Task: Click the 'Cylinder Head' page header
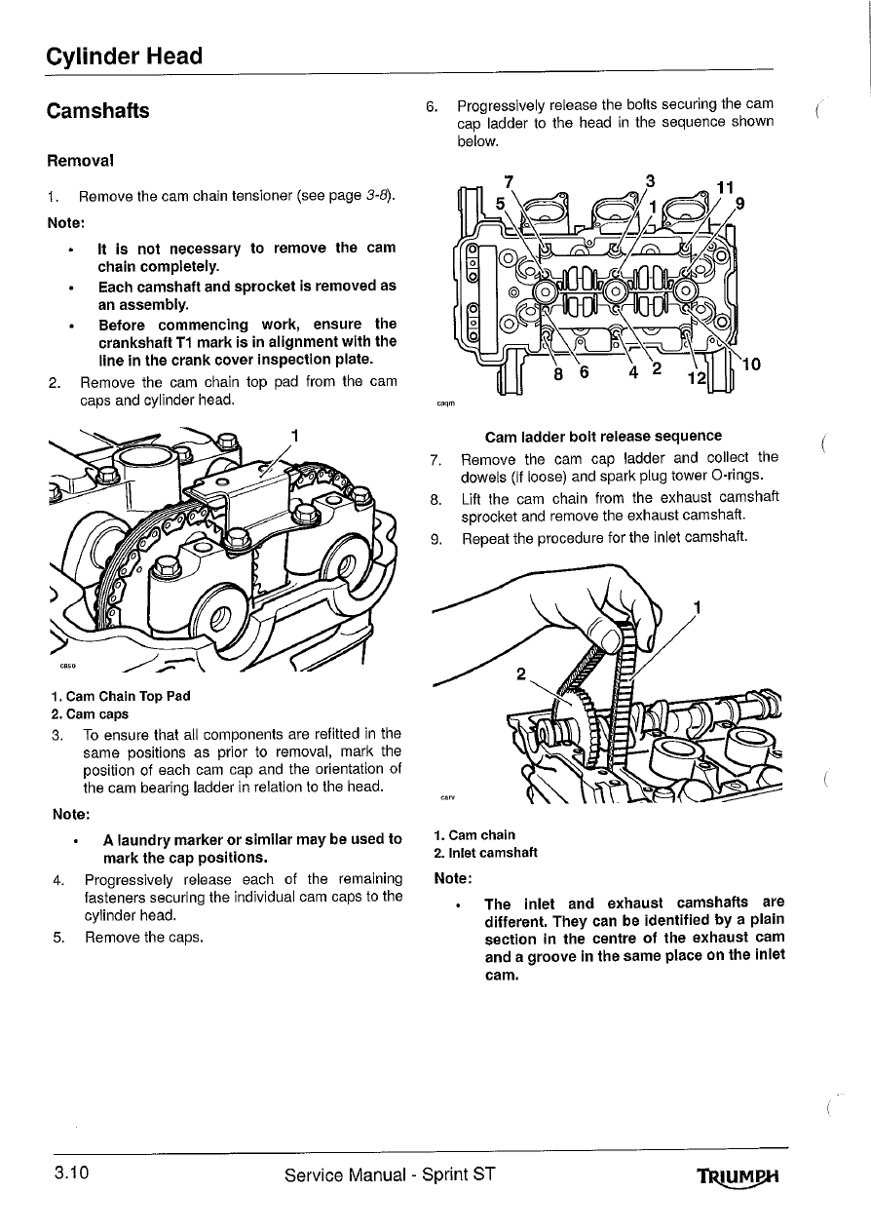click(x=124, y=56)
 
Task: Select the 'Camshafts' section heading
click(x=97, y=111)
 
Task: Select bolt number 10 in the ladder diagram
click(x=752, y=365)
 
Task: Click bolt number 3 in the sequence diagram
click(x=650, y=180)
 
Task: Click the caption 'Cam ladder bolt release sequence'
click(x=603, y=436)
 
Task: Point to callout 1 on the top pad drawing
click(x=293, y=435)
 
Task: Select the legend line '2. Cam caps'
click(x=90, y=713)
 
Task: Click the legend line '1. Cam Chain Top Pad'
click(x=120, y=696)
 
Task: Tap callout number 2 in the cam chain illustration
click(x=522, y=673)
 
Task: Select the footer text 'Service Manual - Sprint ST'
click(x=391, y=1174)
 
